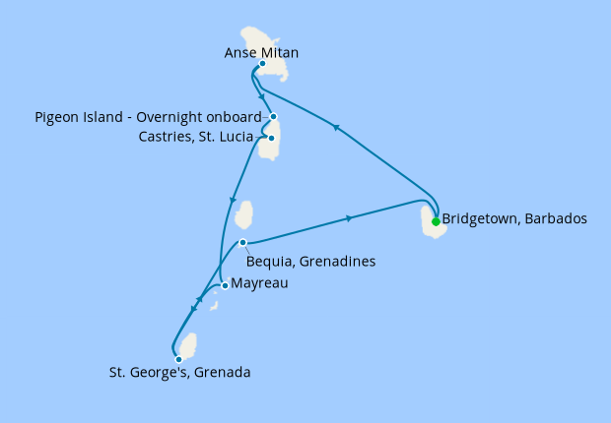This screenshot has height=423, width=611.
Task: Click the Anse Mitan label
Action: [x=261, y=52]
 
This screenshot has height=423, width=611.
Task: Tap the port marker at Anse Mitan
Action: [x=262, y=64]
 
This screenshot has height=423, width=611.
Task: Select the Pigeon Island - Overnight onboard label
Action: [x=148, y=117]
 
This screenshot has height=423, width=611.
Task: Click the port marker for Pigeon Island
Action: [x=273, y=117]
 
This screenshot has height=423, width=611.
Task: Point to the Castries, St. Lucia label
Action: [x=196, y=137]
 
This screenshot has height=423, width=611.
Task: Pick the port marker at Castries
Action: [x=271, y=139]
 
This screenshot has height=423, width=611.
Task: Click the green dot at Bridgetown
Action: [x=436, y=221]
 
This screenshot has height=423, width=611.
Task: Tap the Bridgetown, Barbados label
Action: [x=514, y=218]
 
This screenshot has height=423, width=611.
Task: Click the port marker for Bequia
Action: [x=242, y=243]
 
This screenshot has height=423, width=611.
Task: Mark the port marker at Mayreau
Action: [x=226, y=286]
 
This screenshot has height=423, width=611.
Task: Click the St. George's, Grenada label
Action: [x=179, y=373]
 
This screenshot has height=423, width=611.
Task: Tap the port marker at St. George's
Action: [x=178, y=359]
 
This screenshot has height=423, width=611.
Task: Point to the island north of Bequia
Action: [x=244, y=213]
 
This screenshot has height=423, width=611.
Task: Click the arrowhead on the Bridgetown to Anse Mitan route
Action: [x=336, y=127]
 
